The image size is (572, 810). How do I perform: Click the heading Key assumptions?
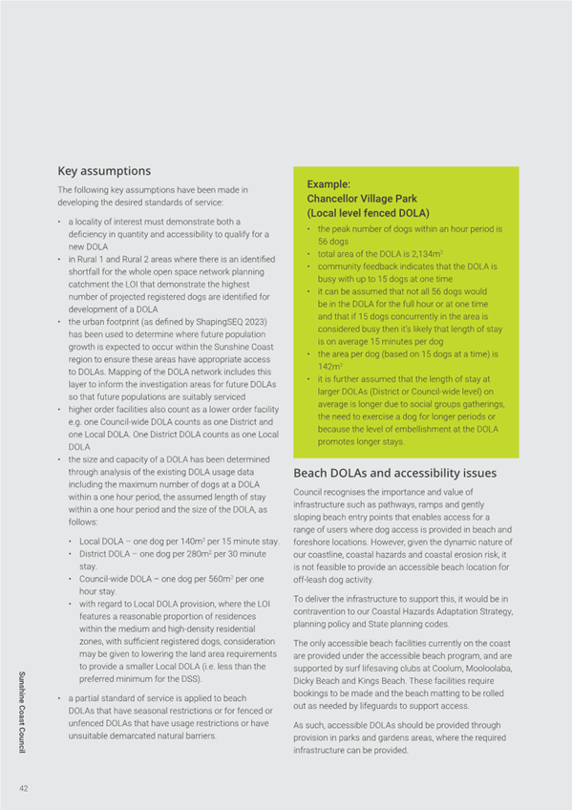tap(104, 171)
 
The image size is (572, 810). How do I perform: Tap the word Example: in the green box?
tap(329, 182)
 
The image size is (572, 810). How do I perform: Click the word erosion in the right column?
tap(464, 554)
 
